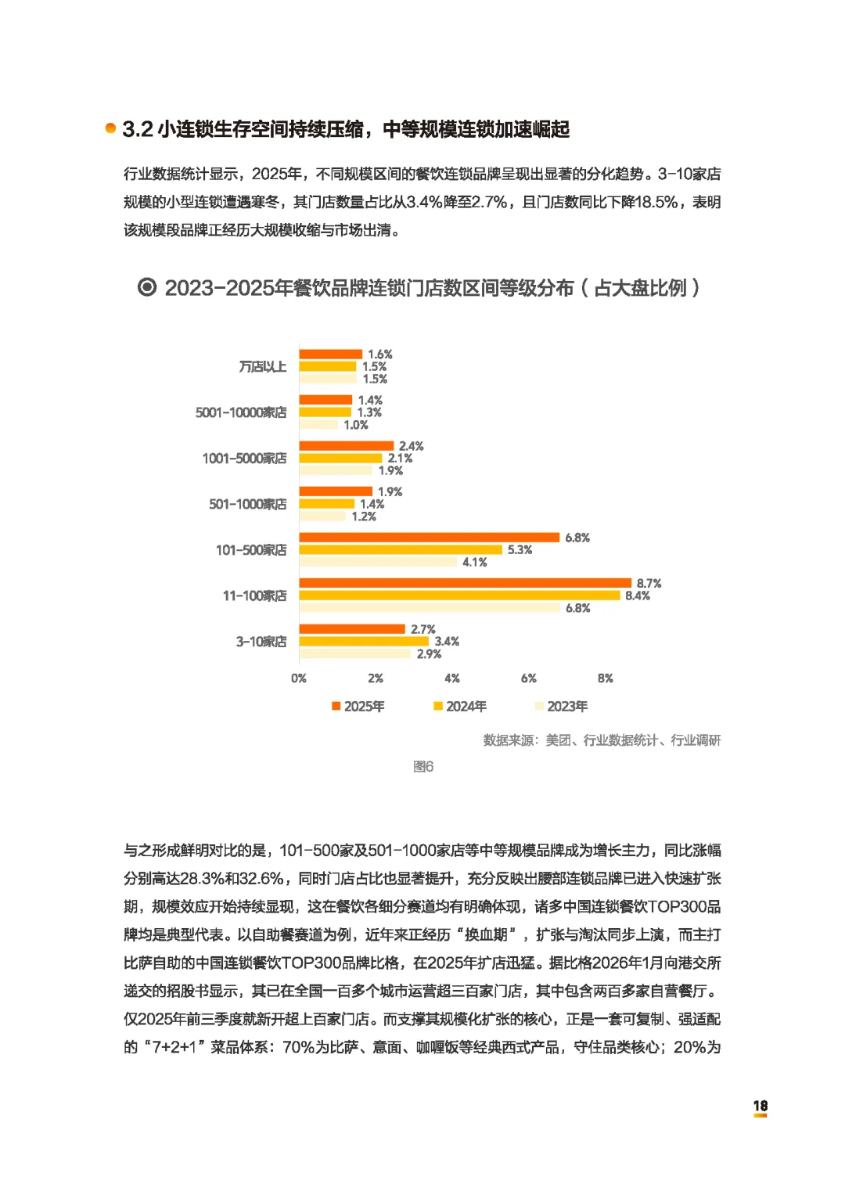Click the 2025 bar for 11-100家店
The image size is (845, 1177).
click(x=465, y=583)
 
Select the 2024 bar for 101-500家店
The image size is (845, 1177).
click(x=401, y=550)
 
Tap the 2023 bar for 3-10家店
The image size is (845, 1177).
click(x=354, y=653)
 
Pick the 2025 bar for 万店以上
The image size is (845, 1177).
click(x=330, y=355)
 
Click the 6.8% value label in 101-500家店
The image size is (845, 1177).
click(x=577, y=538)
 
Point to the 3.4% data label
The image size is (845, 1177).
click(x=447, y=642)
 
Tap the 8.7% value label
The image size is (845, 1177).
click(x=649, y=583)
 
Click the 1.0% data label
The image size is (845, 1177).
click(x=356, y=425)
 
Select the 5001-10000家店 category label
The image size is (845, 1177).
click(x=241, y=412)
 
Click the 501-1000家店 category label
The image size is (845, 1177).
click(x=247, y=504)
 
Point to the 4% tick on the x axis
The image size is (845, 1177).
click(x=452, y=678)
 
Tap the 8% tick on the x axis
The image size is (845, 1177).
click(x=606, y=678)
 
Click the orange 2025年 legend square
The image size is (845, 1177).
click(x=336, y=707)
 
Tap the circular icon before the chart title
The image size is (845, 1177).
click(x=147, y=287)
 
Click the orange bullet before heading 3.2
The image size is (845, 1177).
click(x=111, y=128)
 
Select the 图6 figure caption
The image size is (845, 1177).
click(x=423, y=767)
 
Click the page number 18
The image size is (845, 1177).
click(x=760, y=1106)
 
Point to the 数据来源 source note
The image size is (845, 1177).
click(x=602, y=740)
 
